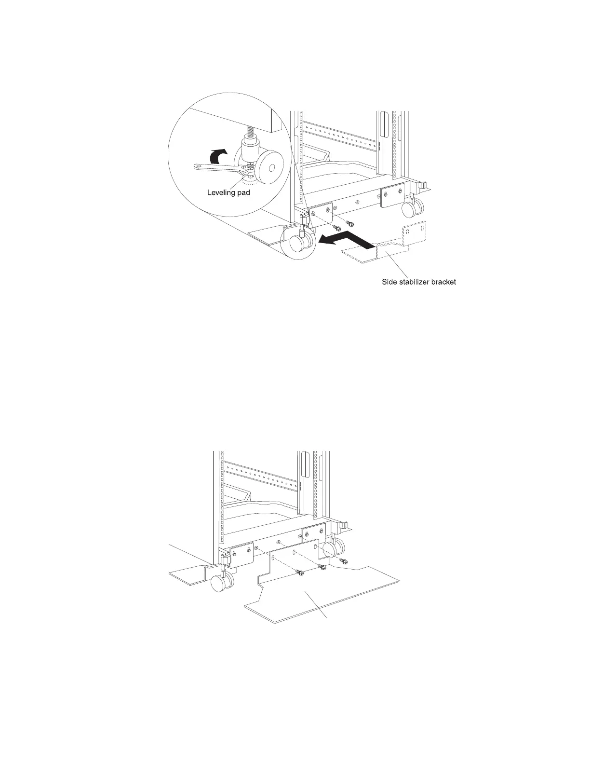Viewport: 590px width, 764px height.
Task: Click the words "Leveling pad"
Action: (x=228, y=192)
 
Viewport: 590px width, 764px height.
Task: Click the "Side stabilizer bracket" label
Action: (x=416, y=282)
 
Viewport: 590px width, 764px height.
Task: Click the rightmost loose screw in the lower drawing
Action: (x=344, y=560)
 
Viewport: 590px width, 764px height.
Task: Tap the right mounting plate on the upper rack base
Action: (x=393, y=196)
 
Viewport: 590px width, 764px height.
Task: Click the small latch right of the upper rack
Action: (x=422, y=185)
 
